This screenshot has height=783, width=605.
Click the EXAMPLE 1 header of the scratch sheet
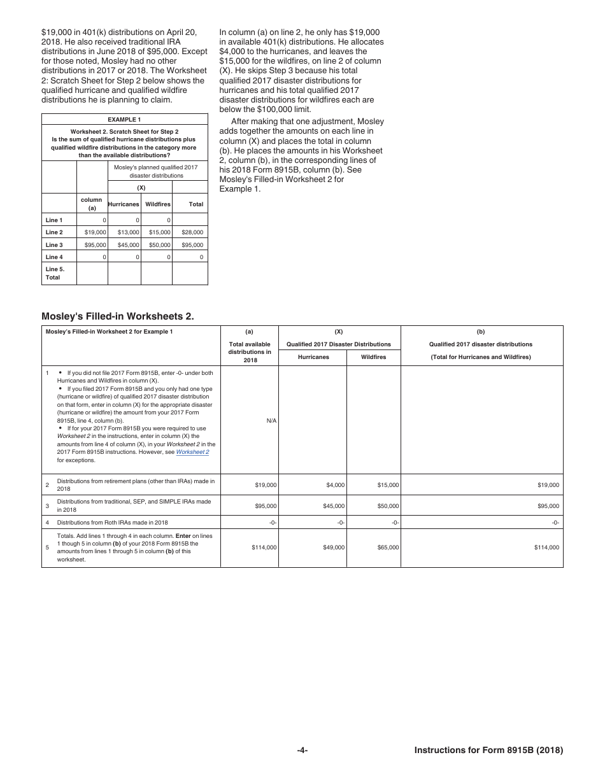click(124, 119)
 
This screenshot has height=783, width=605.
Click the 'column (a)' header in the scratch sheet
click(92, 204)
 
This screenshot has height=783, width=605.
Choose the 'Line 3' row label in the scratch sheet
click(54, 244)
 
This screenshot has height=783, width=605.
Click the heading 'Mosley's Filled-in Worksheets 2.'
click(118, 316)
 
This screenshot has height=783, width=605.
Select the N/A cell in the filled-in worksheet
click(271, 421)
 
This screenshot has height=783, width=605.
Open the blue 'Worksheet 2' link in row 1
click(192, 452)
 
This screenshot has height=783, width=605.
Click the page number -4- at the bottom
click(302, 750)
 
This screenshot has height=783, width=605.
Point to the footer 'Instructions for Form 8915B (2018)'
click(488, 750)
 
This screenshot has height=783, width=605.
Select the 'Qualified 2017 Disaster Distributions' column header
click(338, 344)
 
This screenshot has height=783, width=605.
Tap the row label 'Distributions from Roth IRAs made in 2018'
click(112, 522)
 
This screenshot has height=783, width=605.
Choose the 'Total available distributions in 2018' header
click(249, 352)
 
